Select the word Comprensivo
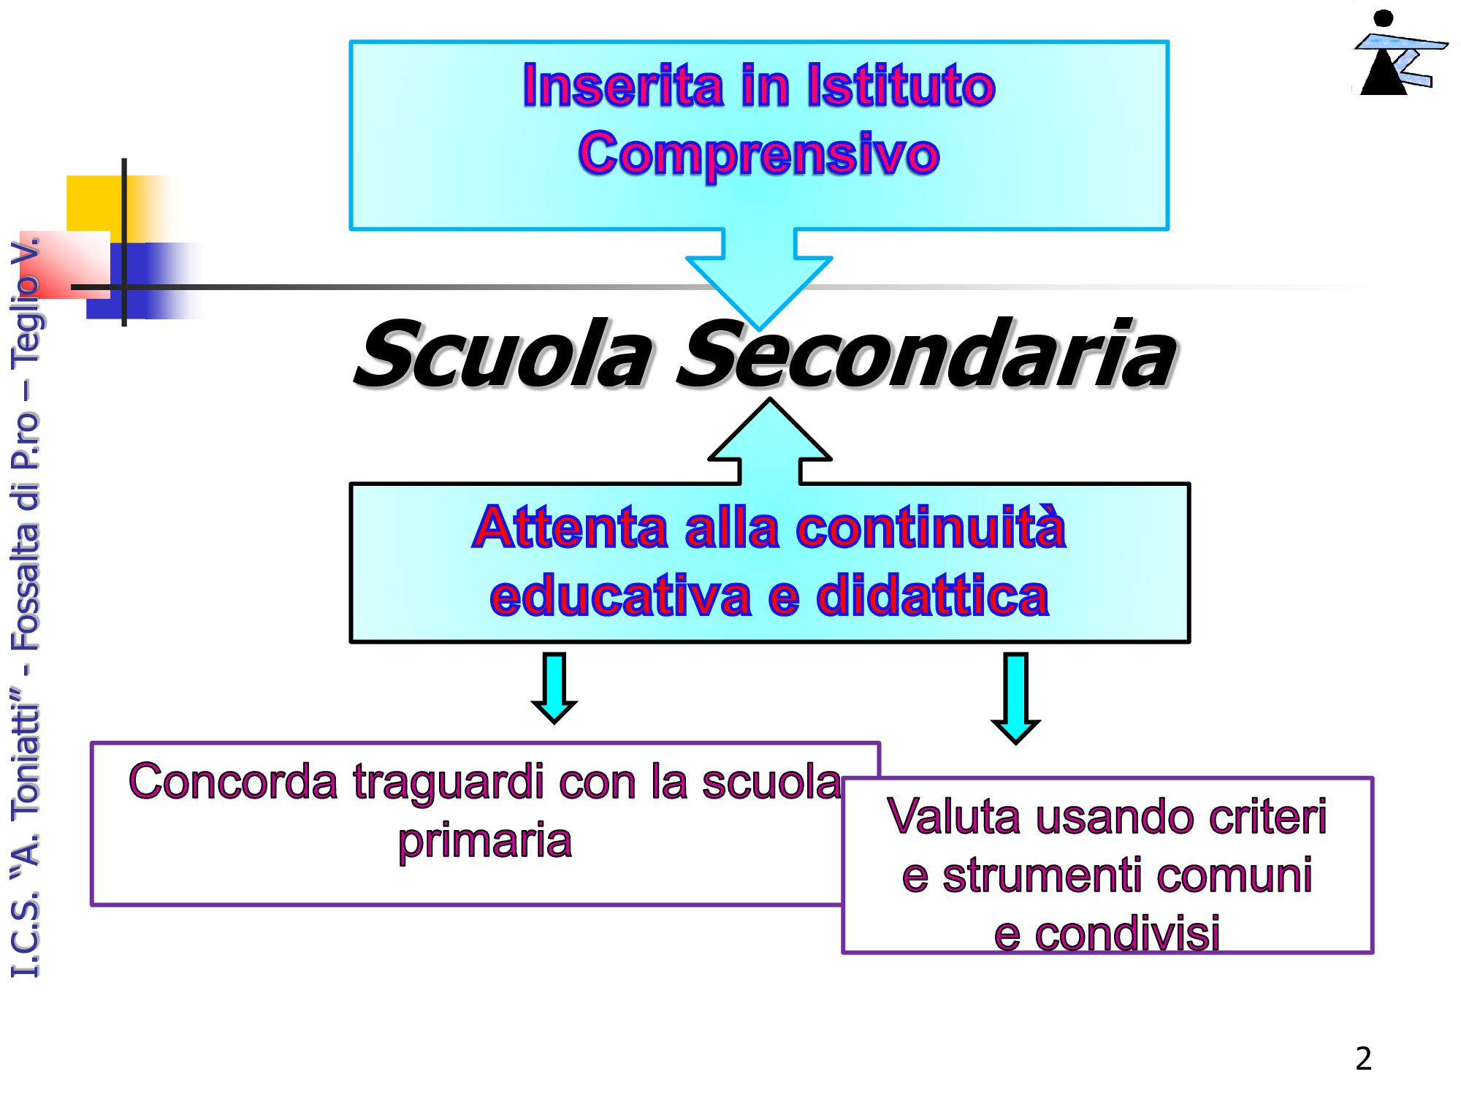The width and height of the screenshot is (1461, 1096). pos(759,153)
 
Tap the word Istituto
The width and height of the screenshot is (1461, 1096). pos(901,85)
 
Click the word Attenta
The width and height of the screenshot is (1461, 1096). pos(570,527)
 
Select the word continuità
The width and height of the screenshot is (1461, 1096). pos(931,527)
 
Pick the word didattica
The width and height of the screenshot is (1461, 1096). pos(933,595)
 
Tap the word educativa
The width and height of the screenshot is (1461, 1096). pos(620,595)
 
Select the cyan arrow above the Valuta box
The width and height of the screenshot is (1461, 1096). pos(1016,699)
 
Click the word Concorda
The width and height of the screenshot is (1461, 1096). pos(233,782)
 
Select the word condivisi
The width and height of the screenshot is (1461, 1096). pos(1128,934)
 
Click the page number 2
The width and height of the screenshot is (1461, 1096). pos(1363,1059)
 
